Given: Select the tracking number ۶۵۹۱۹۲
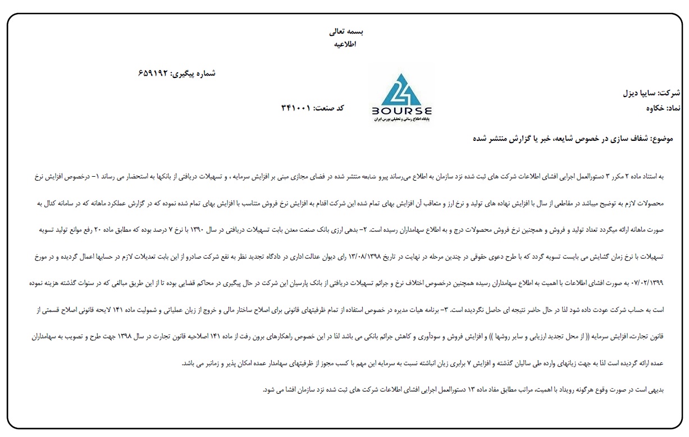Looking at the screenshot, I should click(153, 73).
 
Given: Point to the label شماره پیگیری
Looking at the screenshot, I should click(193, 73).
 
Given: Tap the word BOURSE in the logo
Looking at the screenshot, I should click(402, 111).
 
